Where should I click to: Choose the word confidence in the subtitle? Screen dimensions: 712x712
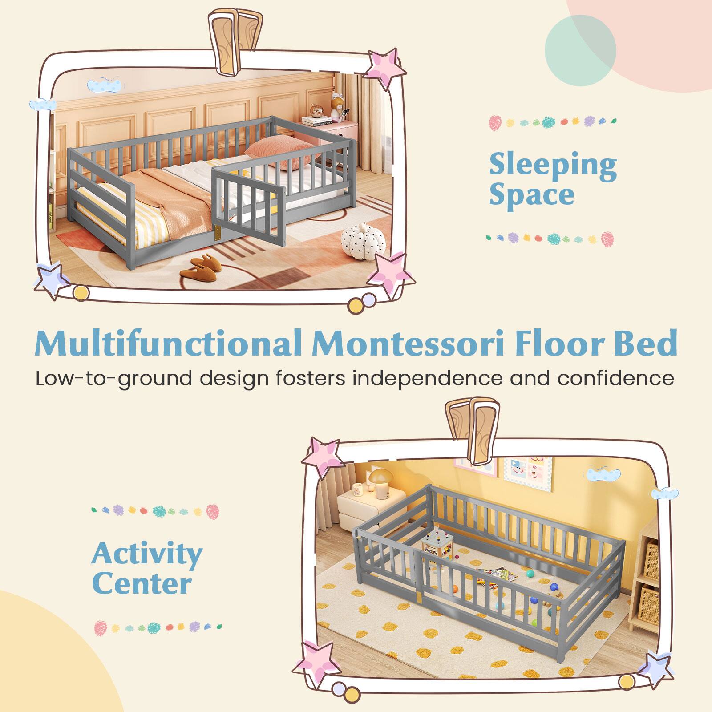(616, 378)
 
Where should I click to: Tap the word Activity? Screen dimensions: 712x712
(147, 554)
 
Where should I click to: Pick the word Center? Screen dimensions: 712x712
(142, 584)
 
